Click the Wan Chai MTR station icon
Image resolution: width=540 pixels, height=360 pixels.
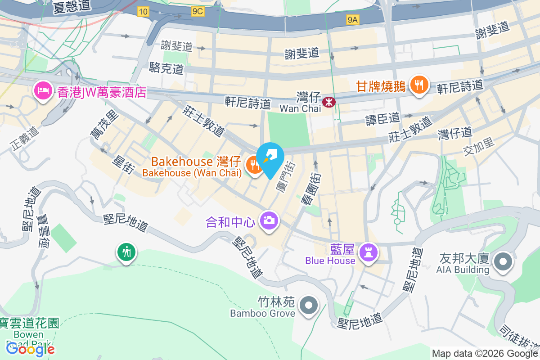tap(329, 102)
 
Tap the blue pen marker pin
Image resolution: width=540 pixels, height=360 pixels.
tap(270, 158)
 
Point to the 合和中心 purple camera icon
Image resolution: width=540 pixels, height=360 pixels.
tap(269, 221)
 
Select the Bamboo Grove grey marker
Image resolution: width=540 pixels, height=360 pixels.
tap(309, 306)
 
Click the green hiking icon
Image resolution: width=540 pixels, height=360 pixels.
tap(126, 252)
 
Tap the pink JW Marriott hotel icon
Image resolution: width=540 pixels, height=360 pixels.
tap(43, 91)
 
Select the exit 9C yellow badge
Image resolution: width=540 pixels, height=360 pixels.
tap(197, 12)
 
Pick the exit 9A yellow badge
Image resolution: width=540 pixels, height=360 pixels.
tap(353, 19)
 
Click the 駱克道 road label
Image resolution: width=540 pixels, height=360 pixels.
tap(166, 68)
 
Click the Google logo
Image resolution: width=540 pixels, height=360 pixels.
tap(31, 349)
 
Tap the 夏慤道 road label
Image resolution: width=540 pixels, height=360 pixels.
tap(72, 7)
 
